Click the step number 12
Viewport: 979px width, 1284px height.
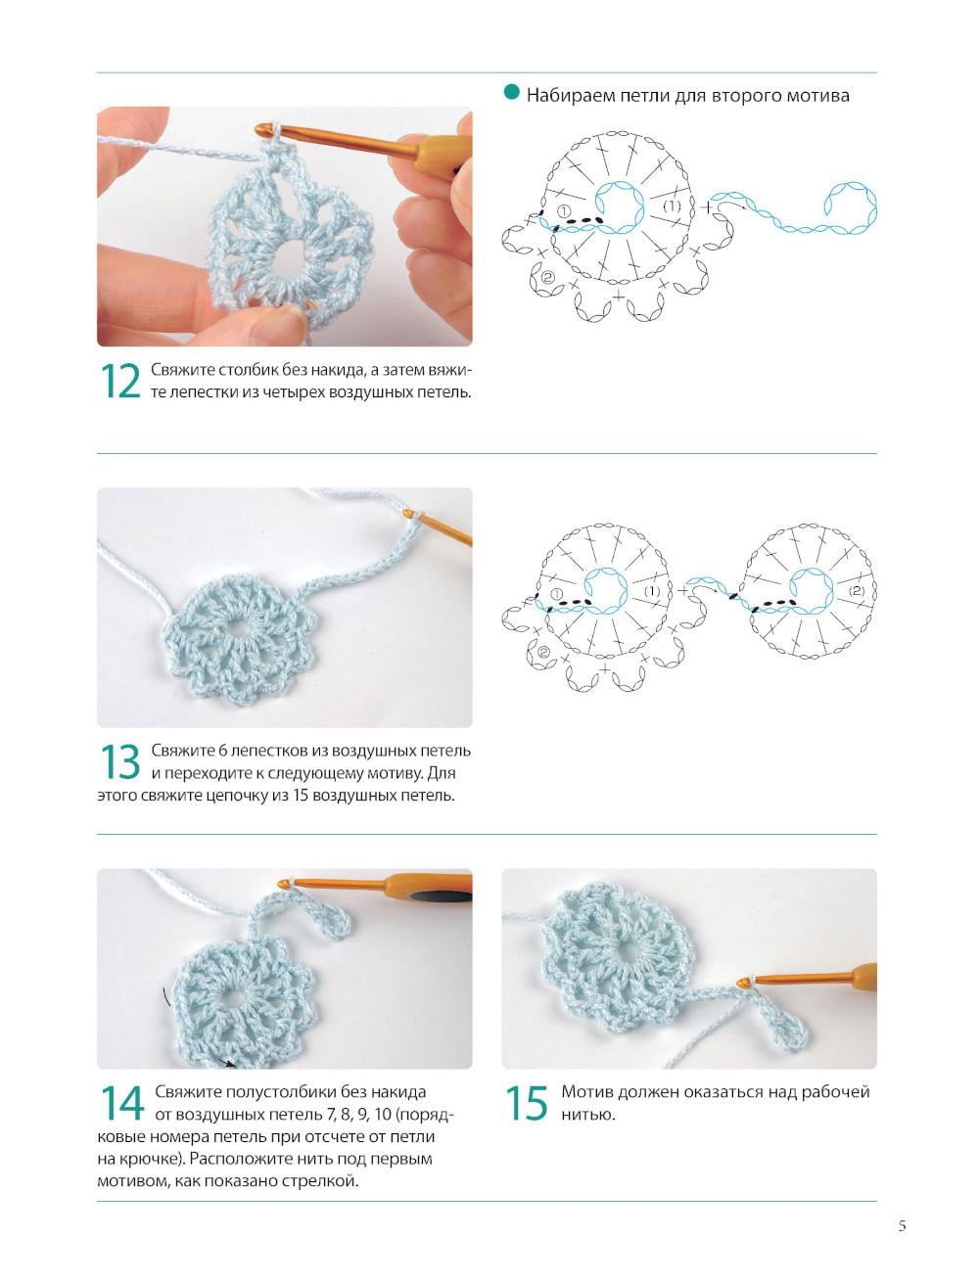(120, 381)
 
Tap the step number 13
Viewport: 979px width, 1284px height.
(120, 761)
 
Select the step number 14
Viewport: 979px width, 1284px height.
(122, 1103)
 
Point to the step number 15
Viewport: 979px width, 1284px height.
(527, 1103)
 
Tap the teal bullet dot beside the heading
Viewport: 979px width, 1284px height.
(511, 92)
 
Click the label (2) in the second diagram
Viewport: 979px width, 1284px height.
(856, 591)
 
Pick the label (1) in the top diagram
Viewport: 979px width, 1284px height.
(672, 206)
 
